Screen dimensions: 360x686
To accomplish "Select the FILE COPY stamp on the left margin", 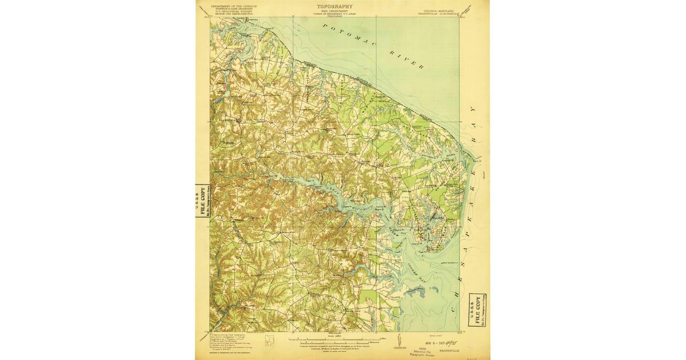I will [x=202, y=201].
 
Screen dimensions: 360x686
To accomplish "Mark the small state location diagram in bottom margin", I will [x=269, y=341].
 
